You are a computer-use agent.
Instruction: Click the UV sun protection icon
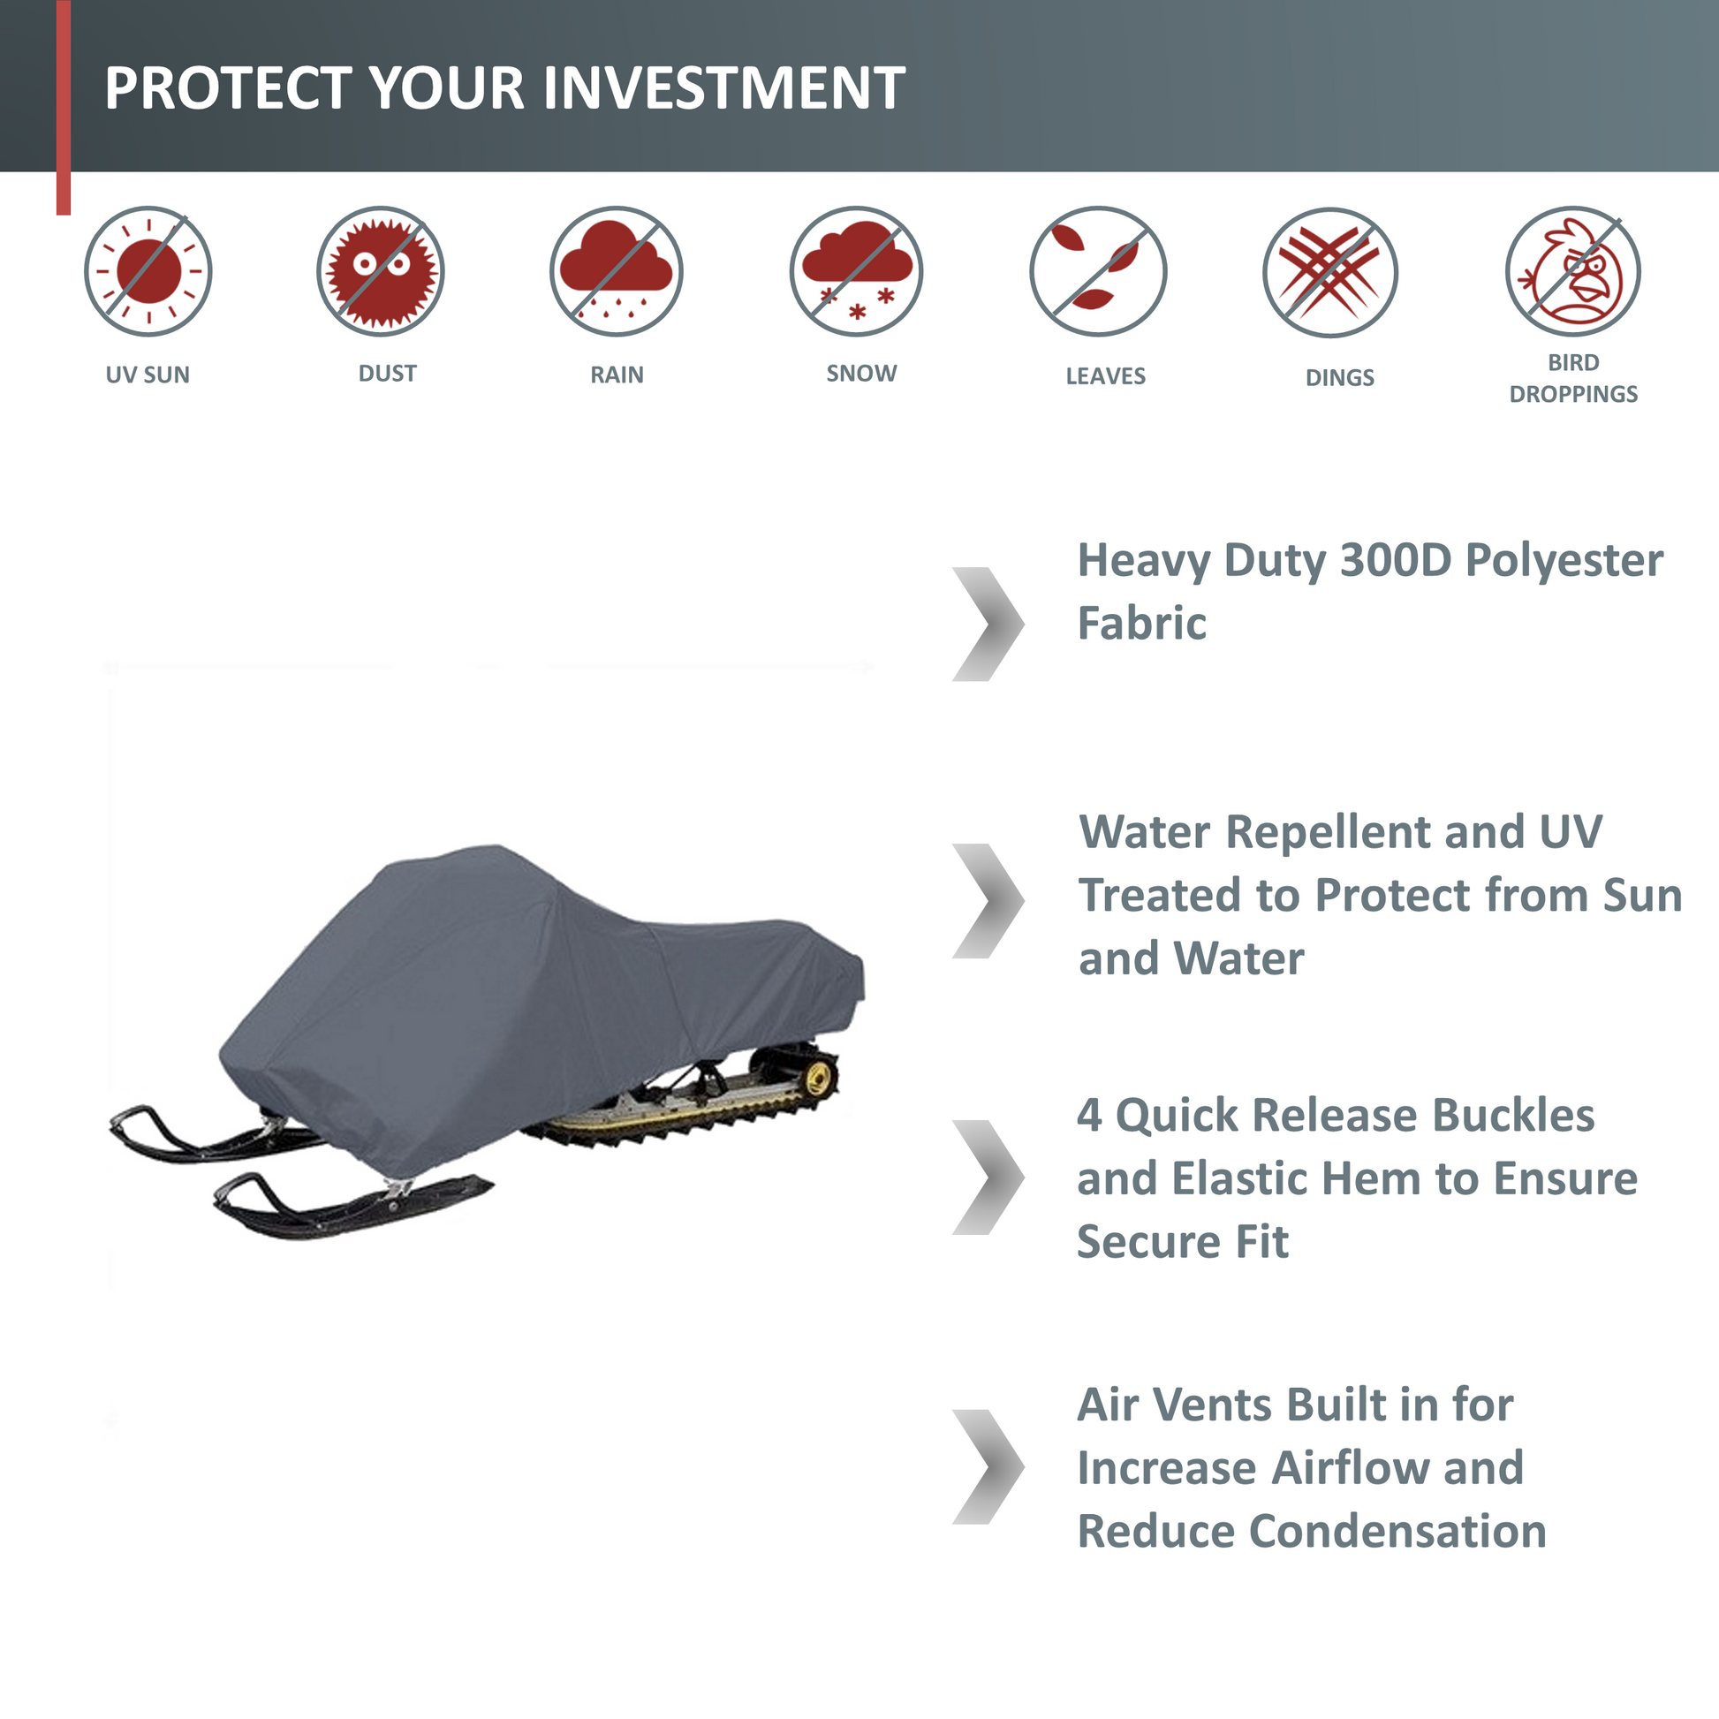[x=148, y=270]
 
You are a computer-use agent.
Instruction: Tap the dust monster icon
[x=380, y=270]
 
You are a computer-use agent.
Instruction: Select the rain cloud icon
[x=616, y=270]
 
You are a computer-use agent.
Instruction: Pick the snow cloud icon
[x=856, y=270]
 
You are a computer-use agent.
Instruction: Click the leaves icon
[x=1098, y=270]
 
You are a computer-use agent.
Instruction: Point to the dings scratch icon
[x=1330, y=272]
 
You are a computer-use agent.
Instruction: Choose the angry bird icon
[x=1573, y=270]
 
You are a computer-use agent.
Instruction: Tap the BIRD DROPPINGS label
[x=1573, y=378]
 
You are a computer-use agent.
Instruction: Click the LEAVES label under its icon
[x=1105, y=376]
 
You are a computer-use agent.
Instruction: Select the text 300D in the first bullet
[x=1395, y=561]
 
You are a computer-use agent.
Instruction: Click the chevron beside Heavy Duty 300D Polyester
[x=988, y=625]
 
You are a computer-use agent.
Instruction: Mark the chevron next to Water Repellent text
[x=988, y=901]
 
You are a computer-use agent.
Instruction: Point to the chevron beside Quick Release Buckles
[x=988, y=1178]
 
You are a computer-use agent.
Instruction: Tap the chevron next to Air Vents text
[x=988, y=1467]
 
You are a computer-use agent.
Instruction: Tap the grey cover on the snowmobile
[x=534, y=996]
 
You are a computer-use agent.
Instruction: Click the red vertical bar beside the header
[x=64, y=107]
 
